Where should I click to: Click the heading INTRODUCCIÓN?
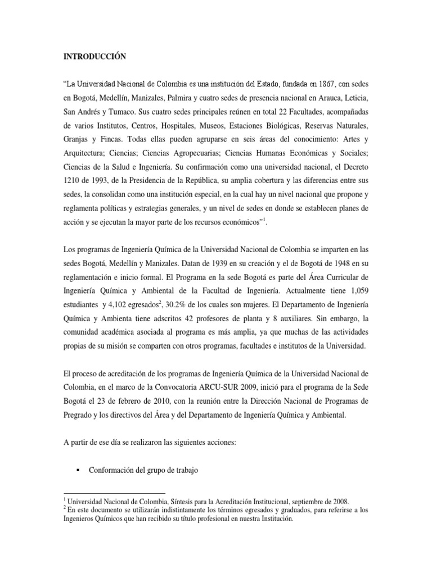click(x=94, y=56)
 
